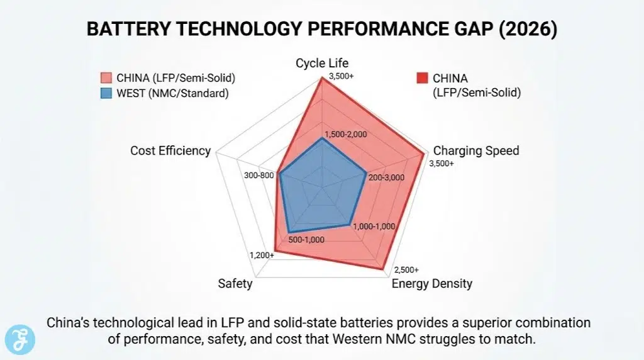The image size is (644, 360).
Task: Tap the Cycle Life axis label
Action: click(x=322, y=63)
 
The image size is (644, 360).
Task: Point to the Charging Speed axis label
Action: click(x=476, y=150)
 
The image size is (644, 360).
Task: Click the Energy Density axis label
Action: click(x=431, y=283)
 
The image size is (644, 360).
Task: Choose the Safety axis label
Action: click(x=235, y=283)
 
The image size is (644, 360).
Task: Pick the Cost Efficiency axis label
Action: click(x=170, y=150)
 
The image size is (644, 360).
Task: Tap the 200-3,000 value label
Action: click(x=386, y=177)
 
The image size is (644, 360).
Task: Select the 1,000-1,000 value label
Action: click(x=374, y=226)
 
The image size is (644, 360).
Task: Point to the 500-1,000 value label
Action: click(x=306, y=239)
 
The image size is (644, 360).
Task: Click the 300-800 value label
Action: click(x=258, y=175)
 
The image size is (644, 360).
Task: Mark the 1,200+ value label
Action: click(x=262, y=255)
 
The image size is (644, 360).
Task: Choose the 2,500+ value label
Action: click(x=406, y=269)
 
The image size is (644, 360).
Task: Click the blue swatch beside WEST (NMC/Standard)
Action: click(x=106, y=94)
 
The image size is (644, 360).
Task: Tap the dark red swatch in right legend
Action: click(x=422, y=79)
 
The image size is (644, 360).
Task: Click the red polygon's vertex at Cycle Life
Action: click(x=322, y=77)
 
